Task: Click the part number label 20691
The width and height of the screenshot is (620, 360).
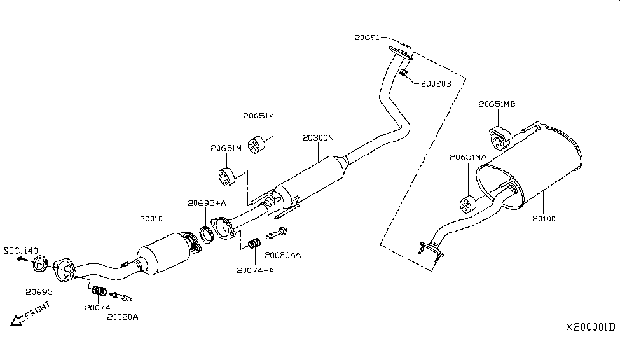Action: [367, 38]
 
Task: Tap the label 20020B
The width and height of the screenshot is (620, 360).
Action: [436, 83]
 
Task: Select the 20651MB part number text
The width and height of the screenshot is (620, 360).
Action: [498, 104]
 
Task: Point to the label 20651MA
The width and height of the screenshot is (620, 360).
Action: [468, 157]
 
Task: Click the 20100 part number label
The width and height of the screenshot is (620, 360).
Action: [544, 218]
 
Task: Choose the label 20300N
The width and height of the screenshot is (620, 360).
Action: [318, 138]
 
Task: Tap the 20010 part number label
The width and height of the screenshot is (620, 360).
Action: [151, 218]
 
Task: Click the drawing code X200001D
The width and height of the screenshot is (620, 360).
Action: [591, 327]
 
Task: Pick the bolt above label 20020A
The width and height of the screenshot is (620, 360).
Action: [121, 296]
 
